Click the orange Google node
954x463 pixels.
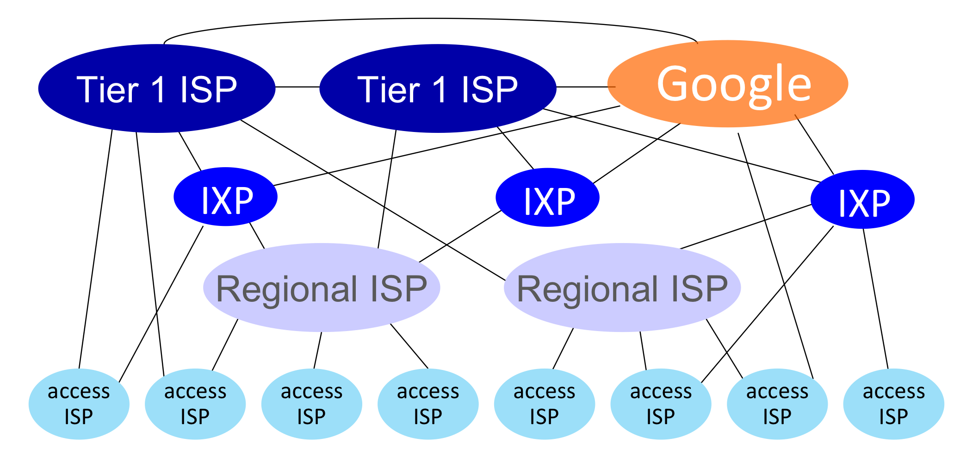pos(727,83)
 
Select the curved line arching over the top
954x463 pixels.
pos(430,19)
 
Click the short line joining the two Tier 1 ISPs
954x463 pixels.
pos(297,87)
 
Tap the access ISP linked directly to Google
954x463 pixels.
pos(777,404)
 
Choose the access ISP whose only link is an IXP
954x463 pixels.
pos(894,404)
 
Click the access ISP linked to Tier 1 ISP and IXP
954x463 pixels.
pos(79,404)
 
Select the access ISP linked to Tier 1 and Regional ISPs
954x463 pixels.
pos(195,404)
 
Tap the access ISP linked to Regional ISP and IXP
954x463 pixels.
pos(661,404)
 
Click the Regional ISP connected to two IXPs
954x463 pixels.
pos(322,288)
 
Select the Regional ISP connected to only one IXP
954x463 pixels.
pos(622,288)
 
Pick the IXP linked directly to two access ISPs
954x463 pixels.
pos(862,200)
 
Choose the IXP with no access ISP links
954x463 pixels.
pos(547,197)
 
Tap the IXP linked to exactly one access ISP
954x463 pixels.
pos(225,196)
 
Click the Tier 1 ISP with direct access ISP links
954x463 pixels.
pos(156,88)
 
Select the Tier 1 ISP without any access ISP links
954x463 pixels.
pos(438,88)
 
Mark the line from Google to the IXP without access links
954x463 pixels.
pos(636,153)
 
